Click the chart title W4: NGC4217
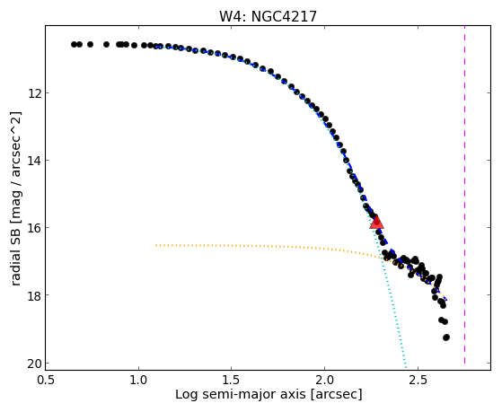[268, 17]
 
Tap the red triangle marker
[376, 222]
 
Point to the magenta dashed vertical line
[464, 195]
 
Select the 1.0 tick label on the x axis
[138, 380]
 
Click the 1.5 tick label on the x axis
[232, 380]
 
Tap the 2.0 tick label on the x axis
[324, 380]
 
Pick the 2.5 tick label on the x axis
[418, 380]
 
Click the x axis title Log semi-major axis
[240, 395]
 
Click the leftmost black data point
[74, 44]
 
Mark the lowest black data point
[446, 337]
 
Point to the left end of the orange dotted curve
[156, 245]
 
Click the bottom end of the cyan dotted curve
[406, 368]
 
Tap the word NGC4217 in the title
[284, 17]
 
